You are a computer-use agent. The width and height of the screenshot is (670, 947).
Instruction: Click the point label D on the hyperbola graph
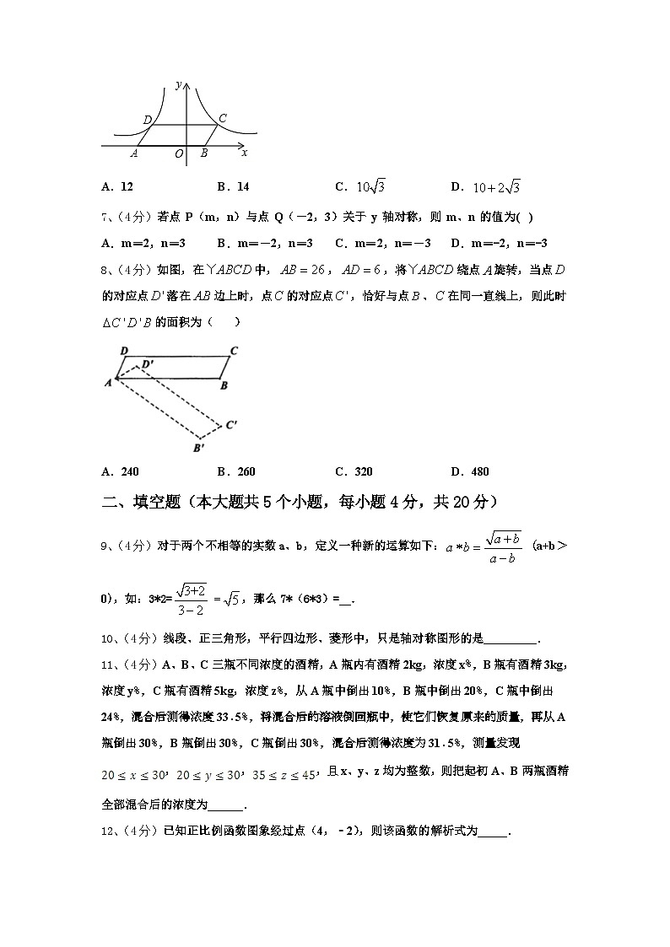[x=149, y=121]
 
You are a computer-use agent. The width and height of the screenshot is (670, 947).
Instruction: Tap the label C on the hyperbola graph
[x=222, y=118]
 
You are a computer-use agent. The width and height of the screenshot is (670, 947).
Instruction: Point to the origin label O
[x=179, y=154]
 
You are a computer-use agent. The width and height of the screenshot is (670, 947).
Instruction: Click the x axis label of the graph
[x=245, y=153]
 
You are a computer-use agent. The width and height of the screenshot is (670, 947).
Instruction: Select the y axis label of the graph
[x=179, y=83]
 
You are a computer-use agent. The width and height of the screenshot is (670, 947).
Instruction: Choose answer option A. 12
[x=117, y=187]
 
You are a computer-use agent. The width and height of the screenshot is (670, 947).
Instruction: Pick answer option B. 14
[x=234, y=187]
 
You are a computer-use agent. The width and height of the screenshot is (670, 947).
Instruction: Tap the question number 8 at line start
[x=106, y=270]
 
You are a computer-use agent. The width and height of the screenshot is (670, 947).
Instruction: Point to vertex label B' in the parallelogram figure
[x=199, y=448]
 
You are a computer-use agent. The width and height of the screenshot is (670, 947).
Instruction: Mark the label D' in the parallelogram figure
[x=148, y=363]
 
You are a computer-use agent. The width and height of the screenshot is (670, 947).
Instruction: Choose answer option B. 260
[x=236, y=471]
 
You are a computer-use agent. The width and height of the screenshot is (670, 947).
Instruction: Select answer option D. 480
[x=470, y=471]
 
